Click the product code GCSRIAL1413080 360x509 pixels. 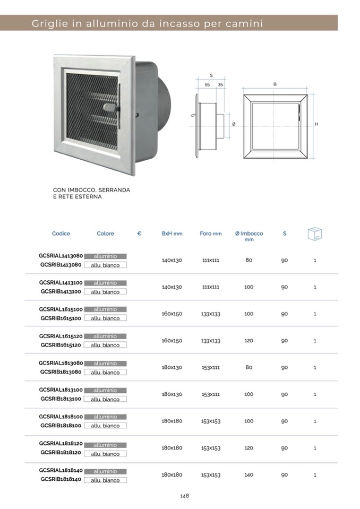(x=60, y=255)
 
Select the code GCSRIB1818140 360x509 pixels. (x=61, y=479)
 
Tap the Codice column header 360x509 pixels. (x=61, y=234)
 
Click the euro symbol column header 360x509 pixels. (x=139, y=234)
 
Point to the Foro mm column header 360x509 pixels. (x=211, y=234)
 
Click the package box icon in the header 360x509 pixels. (x=314, y=234)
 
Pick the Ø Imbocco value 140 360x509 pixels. (x=248, y=475)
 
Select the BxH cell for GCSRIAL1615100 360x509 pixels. (x=172, y=314)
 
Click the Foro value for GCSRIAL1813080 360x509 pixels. (x=211, y=367)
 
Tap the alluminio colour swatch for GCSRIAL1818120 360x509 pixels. (x=105, y=445)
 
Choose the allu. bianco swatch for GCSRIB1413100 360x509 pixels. (x=105, y=292)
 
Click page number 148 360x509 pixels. (x=184, y=496)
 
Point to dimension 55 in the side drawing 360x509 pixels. (x=207, y=85)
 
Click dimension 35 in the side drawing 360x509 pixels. (x=220, y=85)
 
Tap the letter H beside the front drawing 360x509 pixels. (x=316, y=124)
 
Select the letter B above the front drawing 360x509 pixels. (x=275, y=84)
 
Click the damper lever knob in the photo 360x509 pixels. (x=110, y=108)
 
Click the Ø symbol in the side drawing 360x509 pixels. (x=234, y=124)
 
